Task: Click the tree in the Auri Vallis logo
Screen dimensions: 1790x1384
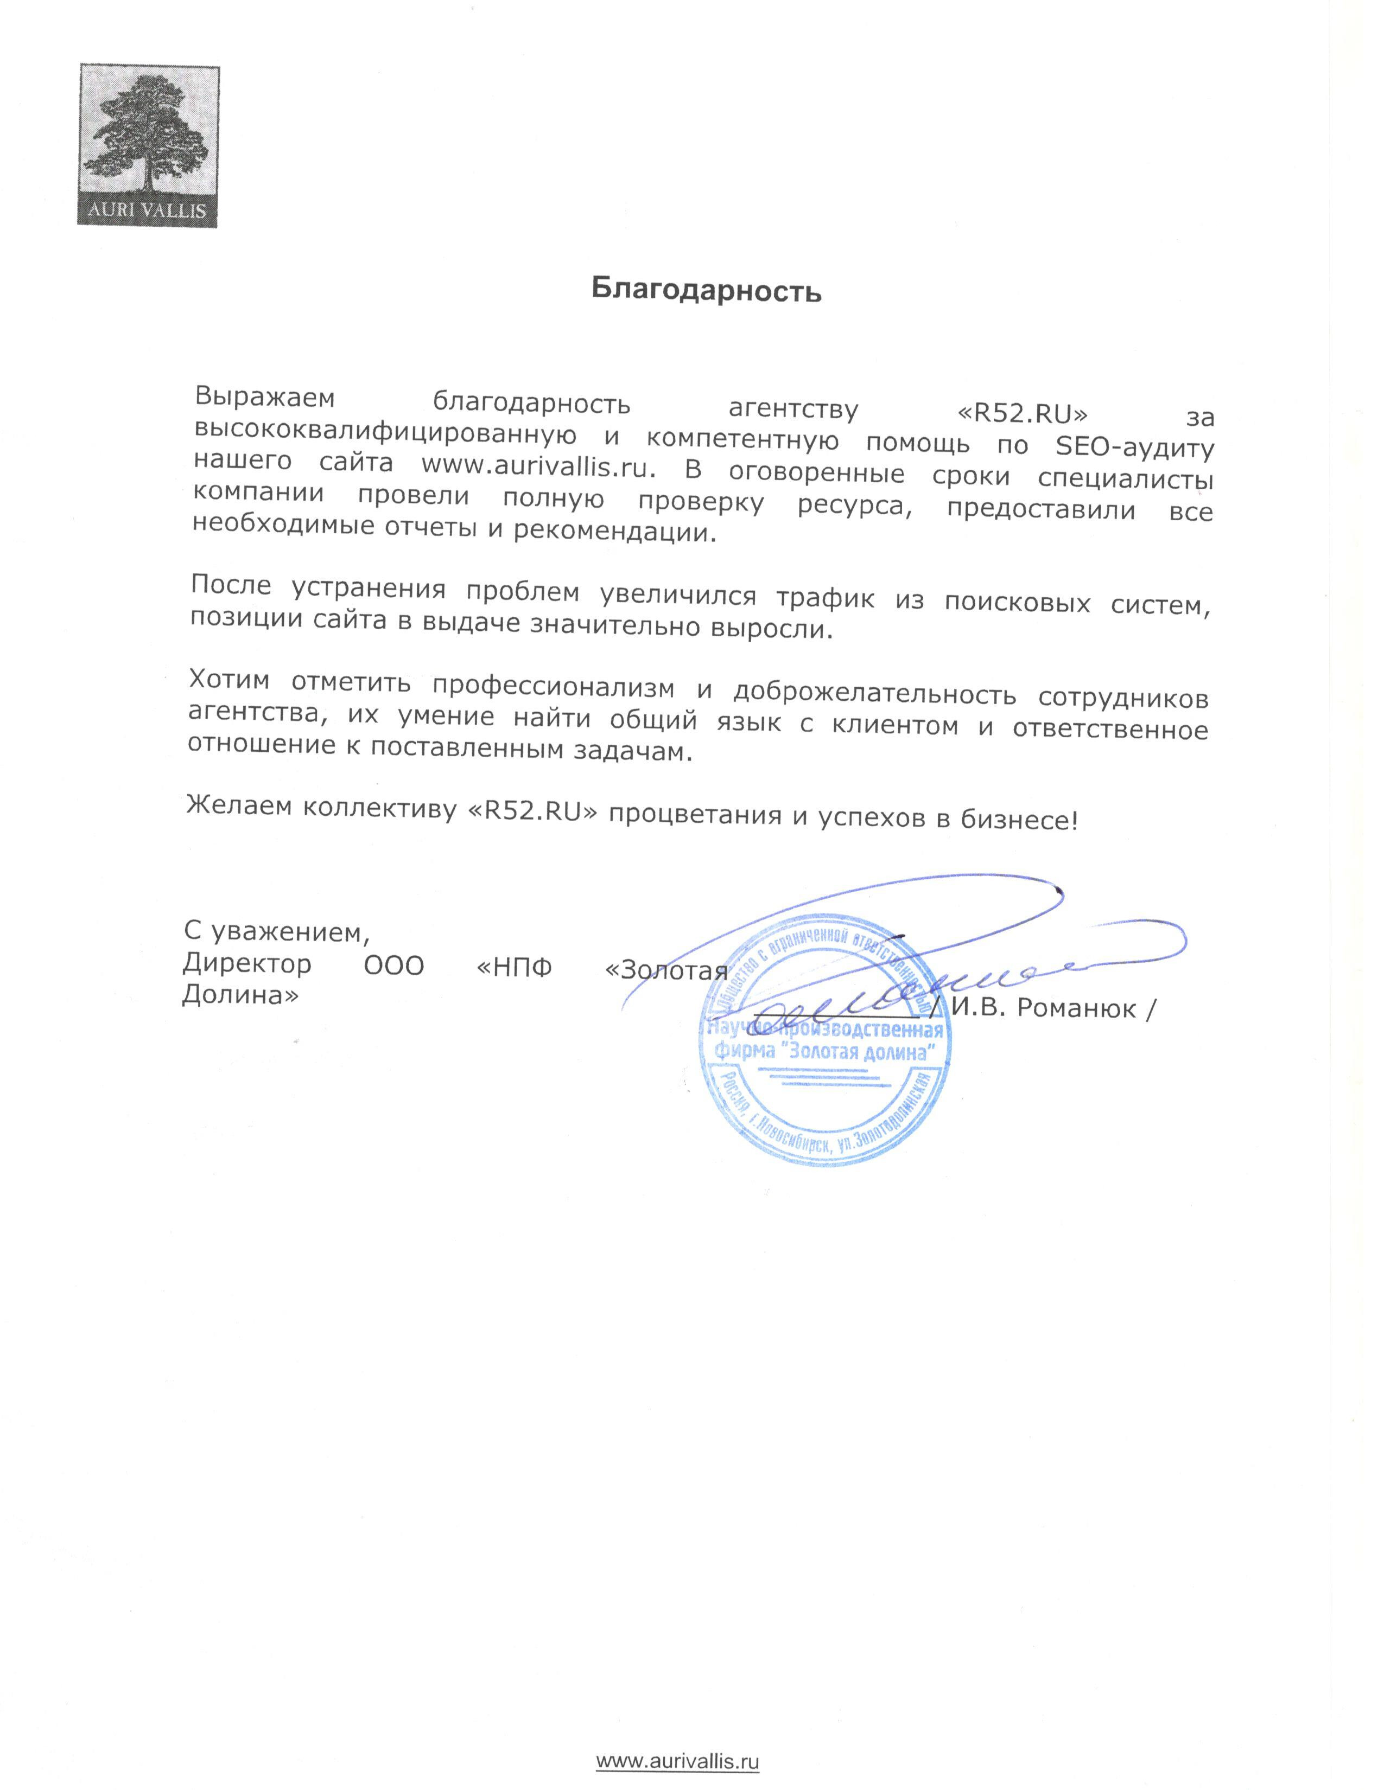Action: pos(148,135)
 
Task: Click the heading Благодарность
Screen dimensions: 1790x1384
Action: pos(706,291)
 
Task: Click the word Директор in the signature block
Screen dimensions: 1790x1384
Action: pos(247,964)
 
